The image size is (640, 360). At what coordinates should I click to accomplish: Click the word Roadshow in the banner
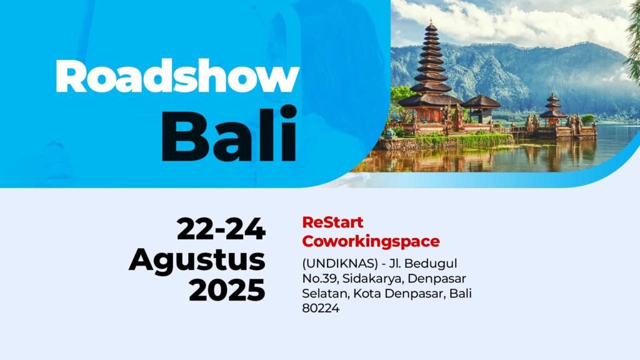point(177,76)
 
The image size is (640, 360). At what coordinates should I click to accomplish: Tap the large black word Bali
point(229,134)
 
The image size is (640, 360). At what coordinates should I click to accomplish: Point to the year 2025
point(227,290)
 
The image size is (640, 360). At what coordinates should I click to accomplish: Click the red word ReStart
point(332,222)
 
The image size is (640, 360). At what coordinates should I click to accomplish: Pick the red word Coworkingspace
point(371,241)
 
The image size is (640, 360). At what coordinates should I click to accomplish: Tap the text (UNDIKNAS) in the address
point(340,264)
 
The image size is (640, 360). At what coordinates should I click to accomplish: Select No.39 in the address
point(320,278)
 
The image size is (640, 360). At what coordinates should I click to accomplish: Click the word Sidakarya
point(373,279)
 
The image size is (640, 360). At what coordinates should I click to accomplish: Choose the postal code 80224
point(321,308)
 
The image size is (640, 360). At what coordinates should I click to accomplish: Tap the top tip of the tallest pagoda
point(431,19)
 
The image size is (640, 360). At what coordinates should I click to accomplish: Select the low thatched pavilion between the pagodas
point(481,109)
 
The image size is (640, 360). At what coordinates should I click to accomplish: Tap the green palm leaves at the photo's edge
point(632,41)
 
